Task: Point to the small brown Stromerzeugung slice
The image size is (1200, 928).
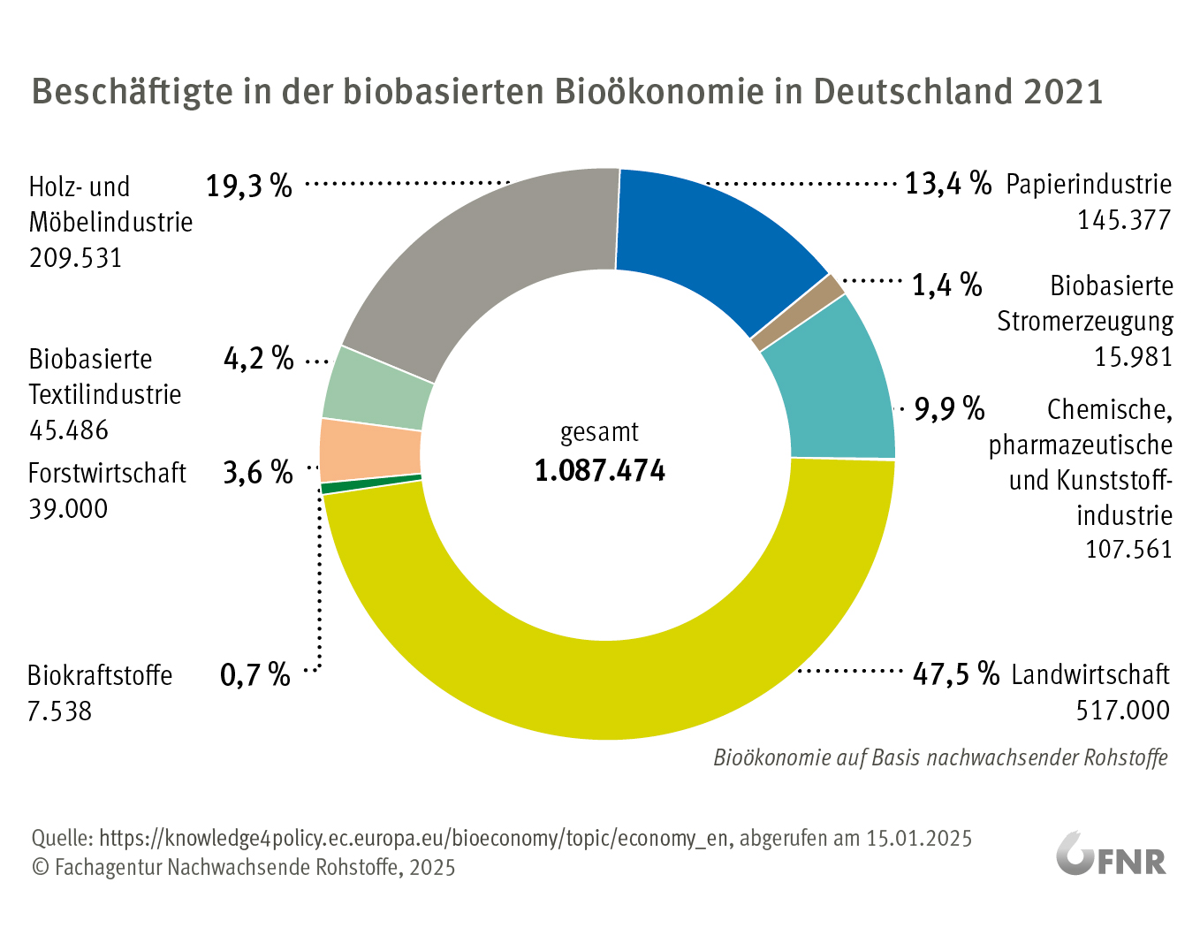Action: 798,312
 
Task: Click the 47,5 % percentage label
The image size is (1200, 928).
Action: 956,674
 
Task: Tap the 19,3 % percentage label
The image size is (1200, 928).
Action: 248,186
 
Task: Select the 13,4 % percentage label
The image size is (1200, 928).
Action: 947,184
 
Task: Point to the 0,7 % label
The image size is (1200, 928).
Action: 254,675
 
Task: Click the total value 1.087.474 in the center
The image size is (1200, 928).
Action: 600,470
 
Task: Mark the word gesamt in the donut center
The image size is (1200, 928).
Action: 599,432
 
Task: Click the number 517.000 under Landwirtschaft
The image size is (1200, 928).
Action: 1122,710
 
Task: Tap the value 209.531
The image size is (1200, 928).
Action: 75,258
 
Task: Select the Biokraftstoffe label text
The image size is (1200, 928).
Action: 100,675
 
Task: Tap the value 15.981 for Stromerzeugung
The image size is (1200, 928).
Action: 1133,357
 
